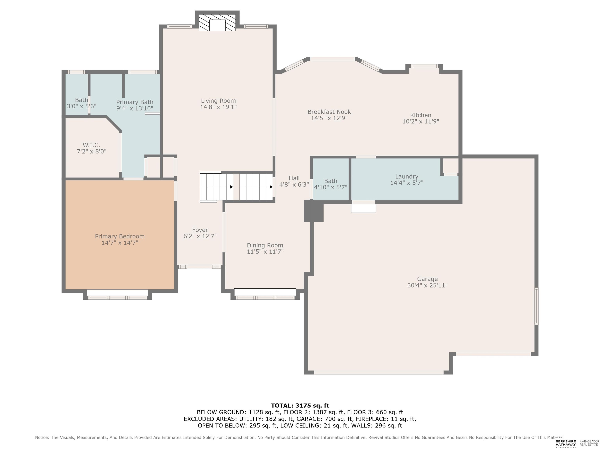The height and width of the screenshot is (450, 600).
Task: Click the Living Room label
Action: tap(218, 101)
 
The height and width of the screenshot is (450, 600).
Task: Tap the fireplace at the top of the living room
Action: tap(217, 22)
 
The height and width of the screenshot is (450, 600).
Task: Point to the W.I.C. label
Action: tap(91, 145)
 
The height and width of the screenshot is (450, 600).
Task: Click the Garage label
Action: tap(428, 279)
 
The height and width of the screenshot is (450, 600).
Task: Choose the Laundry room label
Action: tap(407, 177)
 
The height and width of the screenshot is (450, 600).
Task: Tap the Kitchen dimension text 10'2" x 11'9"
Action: tap(421, 121)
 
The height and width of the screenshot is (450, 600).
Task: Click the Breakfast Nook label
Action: tap(329, 112)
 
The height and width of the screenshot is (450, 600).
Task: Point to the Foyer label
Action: tap(200, 230)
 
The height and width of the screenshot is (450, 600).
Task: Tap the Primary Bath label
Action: tap(135, 102)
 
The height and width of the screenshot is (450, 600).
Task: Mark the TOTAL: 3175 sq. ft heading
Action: tap(300, 405)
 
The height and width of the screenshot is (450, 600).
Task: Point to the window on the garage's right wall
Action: tap(536, 306)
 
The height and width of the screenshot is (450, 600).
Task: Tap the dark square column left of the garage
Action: tap(314, 211)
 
